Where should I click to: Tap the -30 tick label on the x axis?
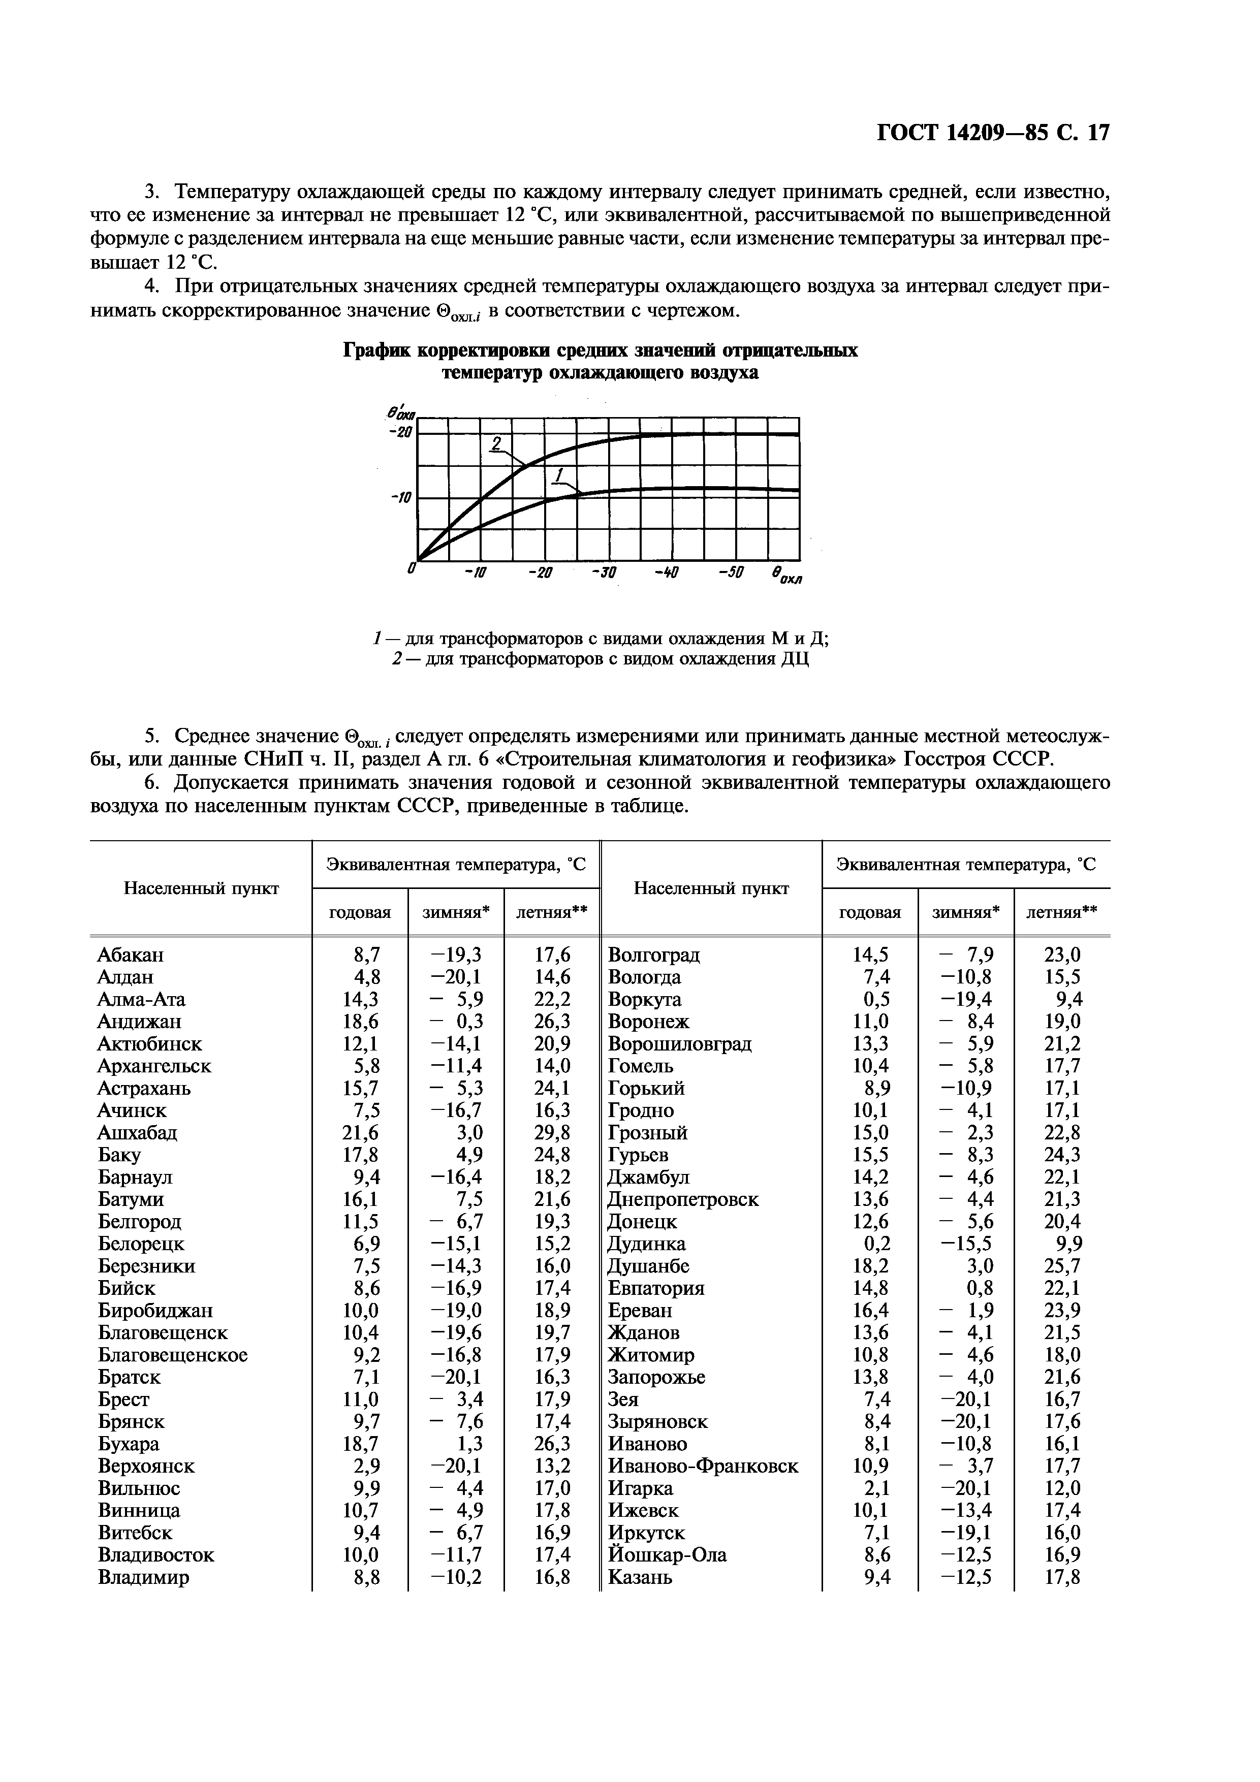[603, 573]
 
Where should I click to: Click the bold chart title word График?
[376, 351]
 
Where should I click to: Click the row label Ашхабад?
[137, 1132]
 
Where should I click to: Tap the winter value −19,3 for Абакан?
[456, 954]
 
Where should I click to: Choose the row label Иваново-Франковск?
[703, 1466]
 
